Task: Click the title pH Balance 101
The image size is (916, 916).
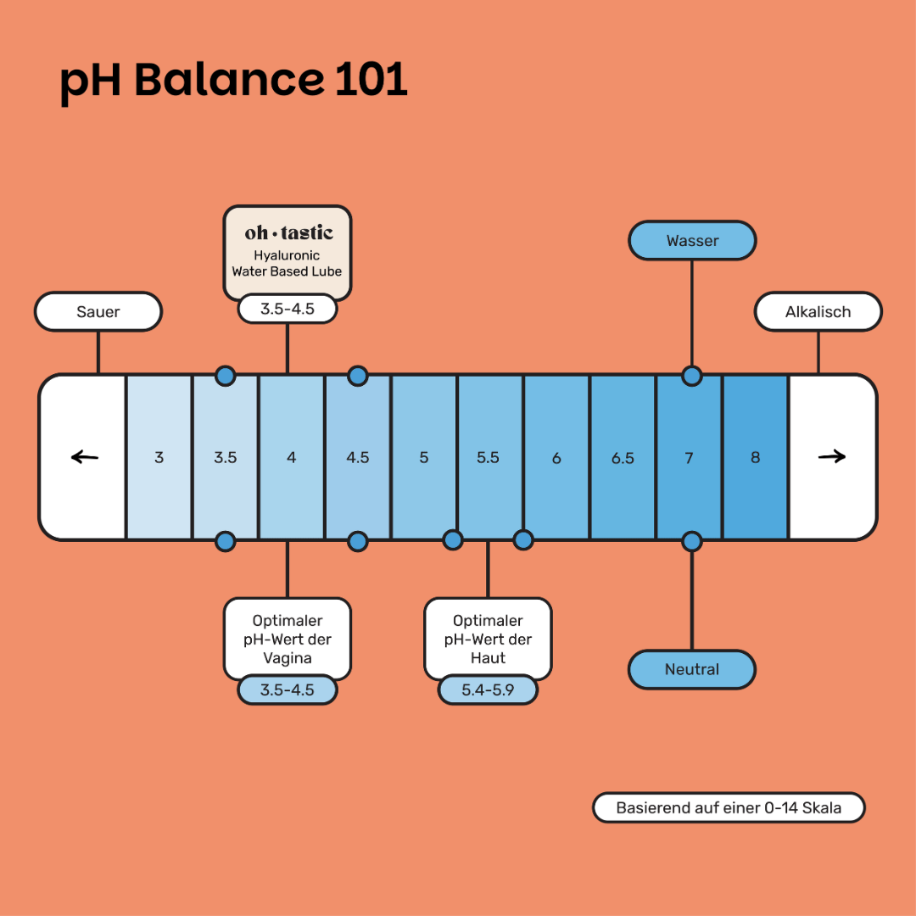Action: pos(233,81)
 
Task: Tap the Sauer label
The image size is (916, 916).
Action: pos(98,311)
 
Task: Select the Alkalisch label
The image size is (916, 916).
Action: pos(818,311)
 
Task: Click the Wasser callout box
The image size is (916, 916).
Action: pos(692,241)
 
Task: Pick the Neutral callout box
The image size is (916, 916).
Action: pos(692,669)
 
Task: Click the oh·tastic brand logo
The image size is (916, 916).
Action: pos(288,232)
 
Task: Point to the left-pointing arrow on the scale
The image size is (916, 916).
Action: pos(84,457)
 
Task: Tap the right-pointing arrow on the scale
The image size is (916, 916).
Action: pos(832,457)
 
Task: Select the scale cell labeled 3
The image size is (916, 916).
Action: pos(159,457)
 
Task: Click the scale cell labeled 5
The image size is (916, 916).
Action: pos(424,457)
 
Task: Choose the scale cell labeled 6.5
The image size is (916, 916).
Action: pos(623,457)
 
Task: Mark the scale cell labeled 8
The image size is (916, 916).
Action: pos(755,457)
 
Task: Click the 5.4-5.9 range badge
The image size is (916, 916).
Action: pos(488,690)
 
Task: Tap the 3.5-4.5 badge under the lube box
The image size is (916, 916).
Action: pos(288,309)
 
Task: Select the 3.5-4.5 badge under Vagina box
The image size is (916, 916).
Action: pos(288,690)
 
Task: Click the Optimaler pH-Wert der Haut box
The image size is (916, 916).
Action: pos(488,639)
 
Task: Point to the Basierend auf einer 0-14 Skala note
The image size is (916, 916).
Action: pos(729,807)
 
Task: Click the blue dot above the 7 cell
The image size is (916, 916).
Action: pos(692,375)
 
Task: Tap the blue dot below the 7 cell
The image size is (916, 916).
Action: pos(692,540)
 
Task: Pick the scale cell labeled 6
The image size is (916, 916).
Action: pos(556,457)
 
